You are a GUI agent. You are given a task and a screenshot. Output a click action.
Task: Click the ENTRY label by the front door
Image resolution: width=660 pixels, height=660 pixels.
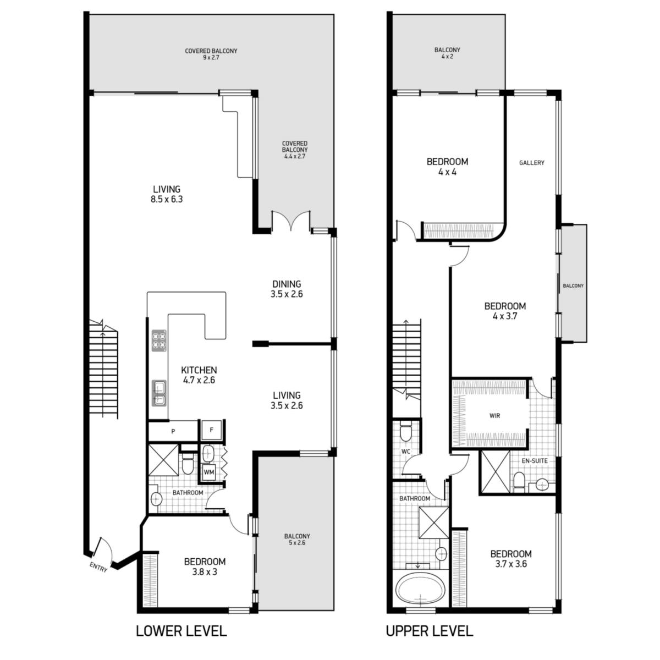pos(98,567)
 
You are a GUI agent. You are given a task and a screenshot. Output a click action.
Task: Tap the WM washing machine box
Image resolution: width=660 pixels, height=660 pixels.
pos(209,472)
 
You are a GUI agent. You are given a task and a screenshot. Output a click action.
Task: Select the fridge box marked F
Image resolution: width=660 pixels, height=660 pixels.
pos(211,430)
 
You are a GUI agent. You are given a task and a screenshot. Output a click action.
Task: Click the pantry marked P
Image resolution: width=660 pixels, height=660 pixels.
pos(173,431)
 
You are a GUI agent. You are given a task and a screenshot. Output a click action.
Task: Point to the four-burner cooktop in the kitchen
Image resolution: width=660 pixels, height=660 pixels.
pos(159,340)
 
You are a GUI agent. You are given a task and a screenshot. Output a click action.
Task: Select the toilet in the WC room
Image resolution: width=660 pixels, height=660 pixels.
pos(405,433)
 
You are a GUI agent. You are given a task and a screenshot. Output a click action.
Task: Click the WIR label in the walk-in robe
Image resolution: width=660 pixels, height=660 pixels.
pos(494,416)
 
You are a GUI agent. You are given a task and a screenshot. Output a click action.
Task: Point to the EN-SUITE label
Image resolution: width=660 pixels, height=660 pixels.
pos(534,461)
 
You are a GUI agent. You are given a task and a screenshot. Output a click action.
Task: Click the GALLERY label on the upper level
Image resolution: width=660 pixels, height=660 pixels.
pos(531,163)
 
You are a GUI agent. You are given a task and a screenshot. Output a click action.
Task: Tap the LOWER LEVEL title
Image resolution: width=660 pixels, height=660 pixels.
pos(181,630)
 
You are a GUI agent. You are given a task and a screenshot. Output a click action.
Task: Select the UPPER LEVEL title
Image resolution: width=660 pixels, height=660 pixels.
pos(430,630)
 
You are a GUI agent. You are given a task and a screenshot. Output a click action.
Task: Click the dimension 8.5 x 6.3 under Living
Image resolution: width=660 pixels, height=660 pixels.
pos(167,199)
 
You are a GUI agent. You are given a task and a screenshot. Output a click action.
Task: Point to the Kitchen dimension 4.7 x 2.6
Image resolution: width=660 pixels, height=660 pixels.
pos(199,380)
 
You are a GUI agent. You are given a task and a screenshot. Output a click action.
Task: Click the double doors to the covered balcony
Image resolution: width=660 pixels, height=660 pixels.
pos(291,221)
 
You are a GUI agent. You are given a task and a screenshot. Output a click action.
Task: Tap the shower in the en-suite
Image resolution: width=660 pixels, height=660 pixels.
pos(495,472)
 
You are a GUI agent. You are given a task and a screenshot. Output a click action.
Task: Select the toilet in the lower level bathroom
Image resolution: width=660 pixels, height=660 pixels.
pos(188,464)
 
